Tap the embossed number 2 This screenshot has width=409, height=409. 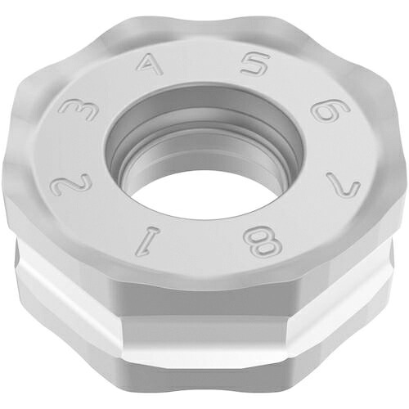pos(72,186)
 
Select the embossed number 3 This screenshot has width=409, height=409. pos(79,110)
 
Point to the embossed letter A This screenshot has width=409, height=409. pos(149,65)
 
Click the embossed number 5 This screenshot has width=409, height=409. pos(255,65)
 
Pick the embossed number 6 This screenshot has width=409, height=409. pos(330,111)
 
